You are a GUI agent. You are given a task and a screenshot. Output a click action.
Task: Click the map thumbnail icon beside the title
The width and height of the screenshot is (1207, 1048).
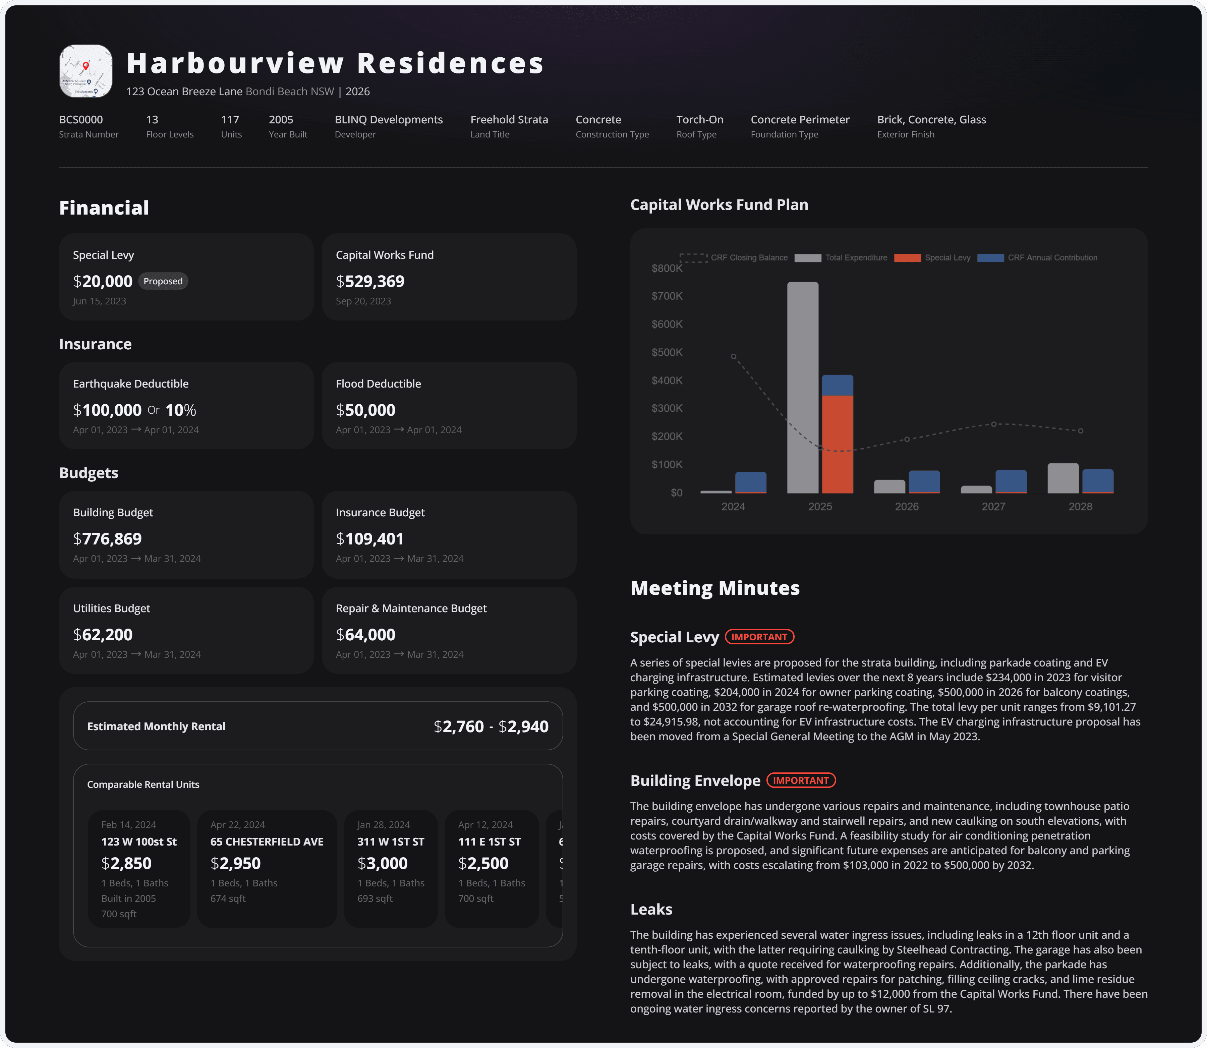[x=85, y=71]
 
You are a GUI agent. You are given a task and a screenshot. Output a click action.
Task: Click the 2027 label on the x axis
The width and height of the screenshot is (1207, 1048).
[x=993, y=507]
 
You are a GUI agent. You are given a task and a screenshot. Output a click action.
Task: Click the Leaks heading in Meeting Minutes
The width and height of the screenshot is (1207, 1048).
[x=651, y=910]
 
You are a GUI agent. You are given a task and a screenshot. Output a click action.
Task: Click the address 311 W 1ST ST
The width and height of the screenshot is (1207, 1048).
[x=391, y=841]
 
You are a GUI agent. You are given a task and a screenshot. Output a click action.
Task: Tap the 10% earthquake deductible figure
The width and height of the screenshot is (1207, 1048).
[x=181, y=410]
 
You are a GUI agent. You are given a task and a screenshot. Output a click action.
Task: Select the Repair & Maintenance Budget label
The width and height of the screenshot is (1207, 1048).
[x=411, y=608]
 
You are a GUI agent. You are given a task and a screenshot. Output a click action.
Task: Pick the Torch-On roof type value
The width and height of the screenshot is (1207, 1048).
[x=699, y=119]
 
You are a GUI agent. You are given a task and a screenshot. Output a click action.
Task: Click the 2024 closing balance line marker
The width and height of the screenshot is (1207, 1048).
[x=733, y=356]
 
